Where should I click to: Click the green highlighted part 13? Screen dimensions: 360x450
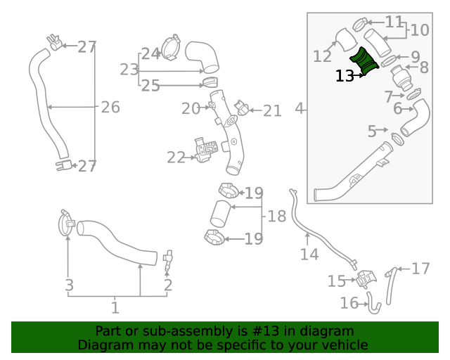(366, 61)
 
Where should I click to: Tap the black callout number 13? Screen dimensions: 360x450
(345, 76)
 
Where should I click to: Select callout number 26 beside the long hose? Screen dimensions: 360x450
(110, 108)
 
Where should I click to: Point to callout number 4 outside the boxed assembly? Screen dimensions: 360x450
(300, 109)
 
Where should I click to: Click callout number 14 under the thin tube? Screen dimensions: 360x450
(309, 254)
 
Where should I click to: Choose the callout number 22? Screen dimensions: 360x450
(175, 157)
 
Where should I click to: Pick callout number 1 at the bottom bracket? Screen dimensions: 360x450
(115, 307)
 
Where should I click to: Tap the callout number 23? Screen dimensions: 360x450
(129, 70)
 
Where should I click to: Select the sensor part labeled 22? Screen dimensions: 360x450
(205, 150)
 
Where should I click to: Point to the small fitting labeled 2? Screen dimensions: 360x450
(167, 259)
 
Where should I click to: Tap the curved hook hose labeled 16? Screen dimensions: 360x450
(373, 304)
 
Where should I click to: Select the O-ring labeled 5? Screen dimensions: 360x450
(397, 138)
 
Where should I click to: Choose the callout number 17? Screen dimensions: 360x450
(420, 269)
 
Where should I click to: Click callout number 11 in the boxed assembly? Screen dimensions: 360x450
(394, 22)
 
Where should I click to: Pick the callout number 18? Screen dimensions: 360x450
(277, 216)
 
